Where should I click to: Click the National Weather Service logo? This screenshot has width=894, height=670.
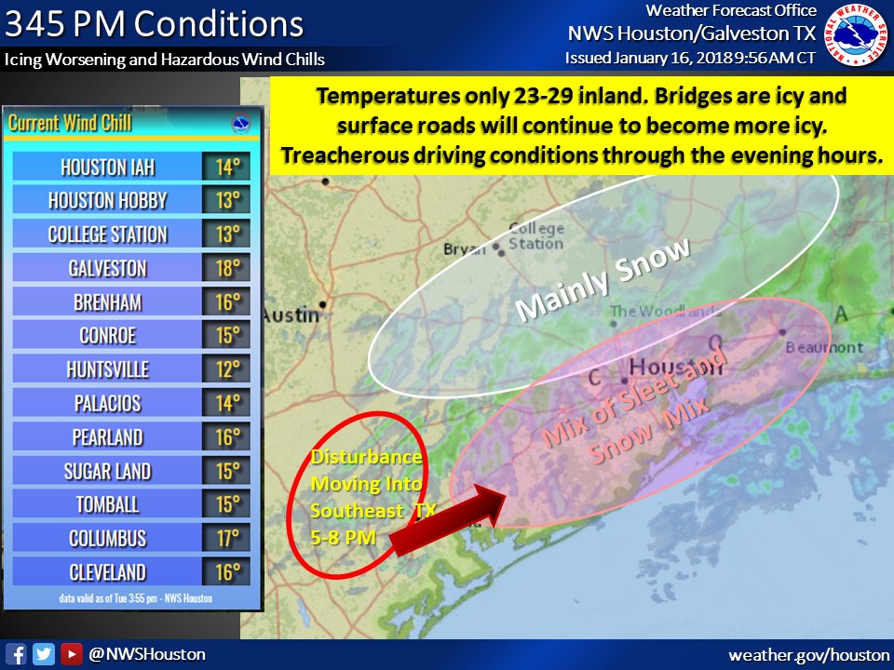click(x=859, y=35)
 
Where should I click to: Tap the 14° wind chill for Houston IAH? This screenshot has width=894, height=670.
click(x=226, y=167)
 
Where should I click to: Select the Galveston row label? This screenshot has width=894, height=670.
click(x=107, y=268)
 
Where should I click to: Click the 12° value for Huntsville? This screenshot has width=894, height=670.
click(x=226, y=369)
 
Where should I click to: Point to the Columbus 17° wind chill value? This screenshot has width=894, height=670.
click(x=226, y=538)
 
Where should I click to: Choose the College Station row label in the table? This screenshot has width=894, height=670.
click(x=107, y=234)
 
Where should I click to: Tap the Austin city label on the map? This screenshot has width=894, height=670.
click(x=291, y=315)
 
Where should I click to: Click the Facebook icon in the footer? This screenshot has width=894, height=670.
click(x=16, y=654)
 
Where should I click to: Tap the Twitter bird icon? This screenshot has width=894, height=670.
click(x=44, y=654)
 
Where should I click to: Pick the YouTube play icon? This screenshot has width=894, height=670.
click(x=71, y=654)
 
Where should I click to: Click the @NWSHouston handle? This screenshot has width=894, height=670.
click(x=146, y=654)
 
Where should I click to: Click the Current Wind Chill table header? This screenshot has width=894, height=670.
click(x=70, y=123)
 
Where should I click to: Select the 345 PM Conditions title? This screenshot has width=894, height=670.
click(x=155, y=23)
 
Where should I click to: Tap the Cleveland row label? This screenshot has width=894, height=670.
click(x=107, y=571)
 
